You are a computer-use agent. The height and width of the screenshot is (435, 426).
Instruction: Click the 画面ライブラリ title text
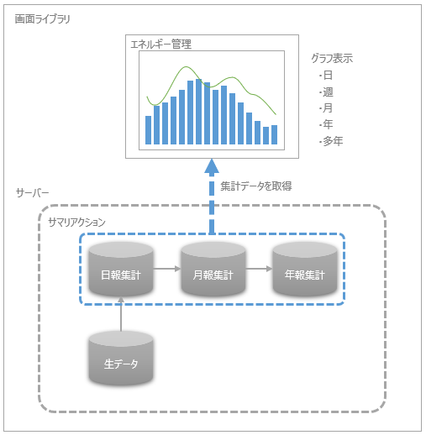click(42, 18)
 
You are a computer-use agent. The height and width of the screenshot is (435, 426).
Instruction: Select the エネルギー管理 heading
click(160, 44)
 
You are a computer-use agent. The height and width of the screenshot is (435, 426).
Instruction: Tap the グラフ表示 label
click(332, 59)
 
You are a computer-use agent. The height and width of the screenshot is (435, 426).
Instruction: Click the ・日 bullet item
click(326, 75)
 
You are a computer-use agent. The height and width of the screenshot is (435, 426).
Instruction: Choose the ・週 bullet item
click(326, 92)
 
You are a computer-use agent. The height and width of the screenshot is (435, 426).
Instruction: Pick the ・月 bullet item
click(326, 107)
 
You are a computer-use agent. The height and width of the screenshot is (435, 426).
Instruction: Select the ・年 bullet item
click(326, 124)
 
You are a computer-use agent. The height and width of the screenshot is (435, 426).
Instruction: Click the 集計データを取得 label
click(256, 186)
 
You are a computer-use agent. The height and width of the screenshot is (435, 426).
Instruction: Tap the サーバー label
click(33, 193)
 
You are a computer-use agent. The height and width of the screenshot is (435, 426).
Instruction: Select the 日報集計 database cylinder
click(122, 269)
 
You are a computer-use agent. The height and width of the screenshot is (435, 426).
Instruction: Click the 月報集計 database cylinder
click(213, 269)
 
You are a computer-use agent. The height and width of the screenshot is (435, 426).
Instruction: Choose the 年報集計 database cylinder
click(304, 269)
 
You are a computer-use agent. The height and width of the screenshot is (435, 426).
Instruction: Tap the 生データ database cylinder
click(122, 359)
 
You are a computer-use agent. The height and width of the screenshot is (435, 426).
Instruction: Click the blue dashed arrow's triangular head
click(213, 165)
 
